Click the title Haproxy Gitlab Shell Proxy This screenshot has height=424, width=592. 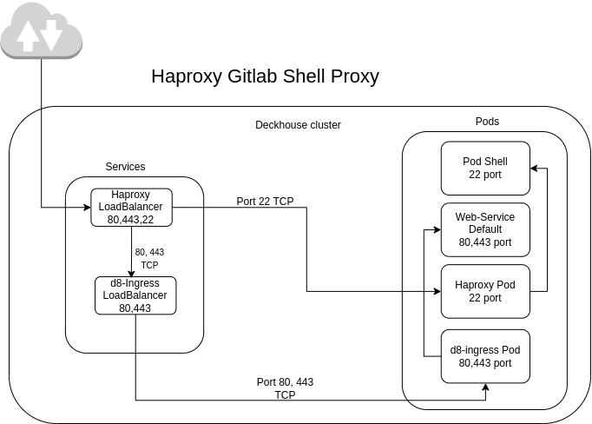265,76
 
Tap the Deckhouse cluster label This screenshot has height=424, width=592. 298,125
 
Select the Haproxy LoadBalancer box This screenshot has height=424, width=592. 132,208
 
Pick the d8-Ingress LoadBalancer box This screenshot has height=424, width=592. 135,295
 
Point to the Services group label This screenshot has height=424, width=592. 125,166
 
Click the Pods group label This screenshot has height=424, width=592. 487,122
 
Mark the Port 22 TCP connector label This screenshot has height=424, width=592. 265,202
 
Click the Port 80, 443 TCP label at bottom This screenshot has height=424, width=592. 285,388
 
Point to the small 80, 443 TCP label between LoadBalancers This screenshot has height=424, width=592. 149,258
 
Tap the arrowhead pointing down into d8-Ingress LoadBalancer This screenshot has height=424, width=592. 132,273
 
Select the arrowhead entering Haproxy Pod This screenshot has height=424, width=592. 437,291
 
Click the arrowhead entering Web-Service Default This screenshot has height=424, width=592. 437,229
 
